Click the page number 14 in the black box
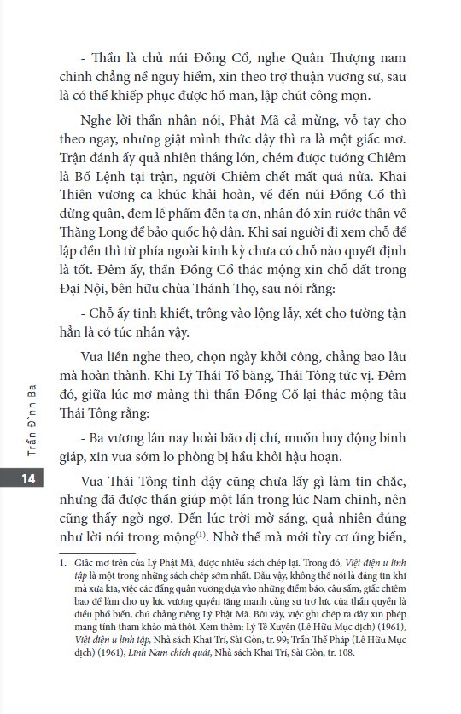[x=27, y=479]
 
